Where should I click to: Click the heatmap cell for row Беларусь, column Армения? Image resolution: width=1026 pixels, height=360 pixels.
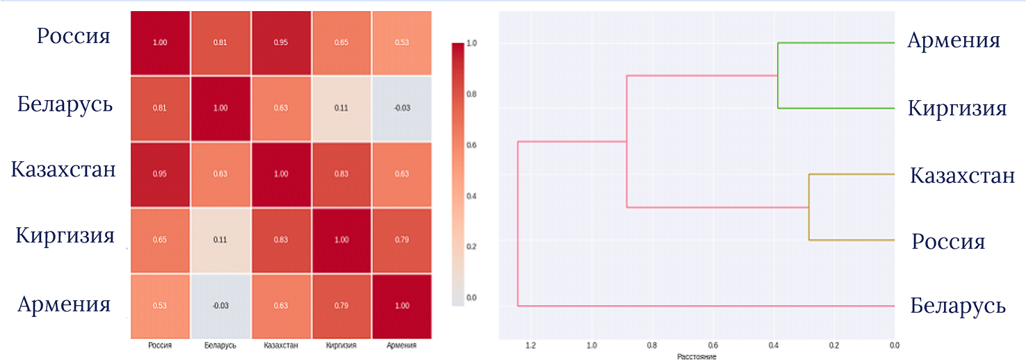pos(401,108)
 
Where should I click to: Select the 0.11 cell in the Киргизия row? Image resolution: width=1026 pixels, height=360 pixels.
pos(221,240)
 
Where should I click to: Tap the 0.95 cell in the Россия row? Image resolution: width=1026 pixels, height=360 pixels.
pos(280,42)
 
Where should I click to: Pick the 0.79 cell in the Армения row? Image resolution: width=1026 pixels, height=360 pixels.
pos(341,306)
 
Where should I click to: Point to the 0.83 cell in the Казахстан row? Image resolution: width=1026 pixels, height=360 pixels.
pos(341,174)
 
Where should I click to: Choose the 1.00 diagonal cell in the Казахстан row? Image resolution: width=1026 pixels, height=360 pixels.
pos(280,174)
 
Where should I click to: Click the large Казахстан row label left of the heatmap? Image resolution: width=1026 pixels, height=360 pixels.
pos(63,170)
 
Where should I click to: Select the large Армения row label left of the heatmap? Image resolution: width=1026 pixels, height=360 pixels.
pos(65,304)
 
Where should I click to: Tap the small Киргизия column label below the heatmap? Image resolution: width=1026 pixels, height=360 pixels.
pos(341,345)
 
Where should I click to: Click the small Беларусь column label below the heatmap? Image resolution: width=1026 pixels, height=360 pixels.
pos(220,345)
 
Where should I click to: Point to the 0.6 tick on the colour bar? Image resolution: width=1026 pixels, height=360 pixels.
pos(472,145)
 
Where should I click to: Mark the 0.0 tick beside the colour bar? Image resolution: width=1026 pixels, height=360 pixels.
pos(472,297)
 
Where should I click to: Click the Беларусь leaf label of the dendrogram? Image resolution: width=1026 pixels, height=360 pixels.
pos(958,306)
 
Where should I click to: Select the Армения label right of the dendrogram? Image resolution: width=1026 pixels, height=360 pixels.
pos(954,41)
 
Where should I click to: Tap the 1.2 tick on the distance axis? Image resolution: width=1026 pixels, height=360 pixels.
pos(531,345)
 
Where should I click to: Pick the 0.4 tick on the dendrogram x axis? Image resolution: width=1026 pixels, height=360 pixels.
pos(773,345)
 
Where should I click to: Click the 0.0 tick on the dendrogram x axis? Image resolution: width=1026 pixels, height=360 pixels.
pos(894,345)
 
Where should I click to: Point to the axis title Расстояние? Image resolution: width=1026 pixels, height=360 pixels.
pos(697,357)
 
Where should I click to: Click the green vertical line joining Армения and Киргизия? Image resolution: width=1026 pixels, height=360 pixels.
pos(778,75)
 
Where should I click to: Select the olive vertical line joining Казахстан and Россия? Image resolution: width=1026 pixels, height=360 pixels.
pos(808,207)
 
